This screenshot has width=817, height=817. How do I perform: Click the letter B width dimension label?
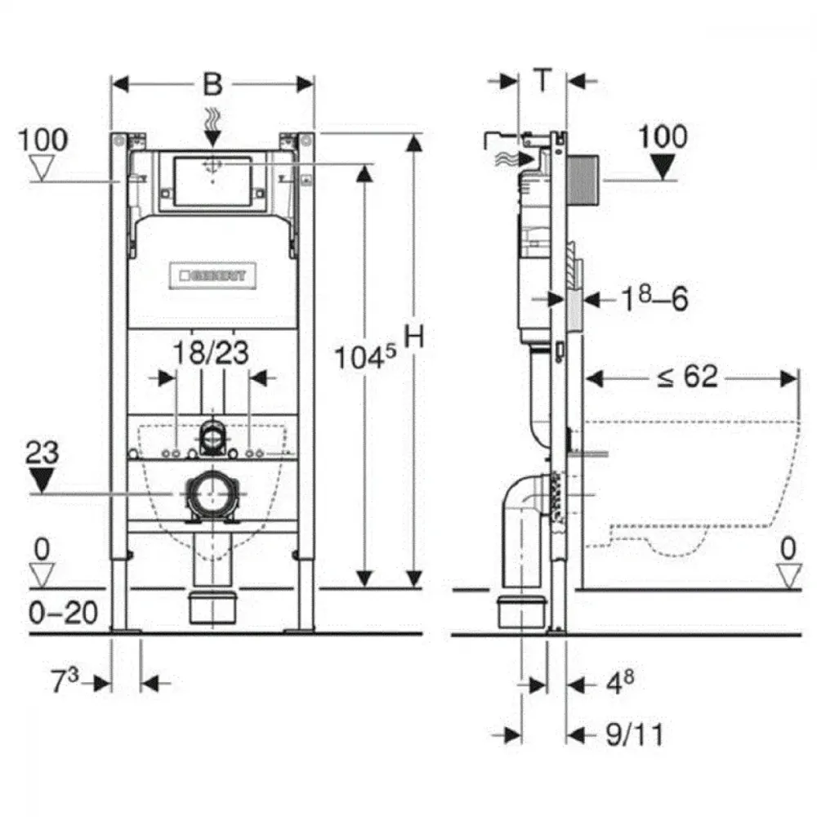(x=212, y=84)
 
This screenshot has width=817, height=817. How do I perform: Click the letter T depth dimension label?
(x=542, y=80)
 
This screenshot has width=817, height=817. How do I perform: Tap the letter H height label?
(x=414, y=337)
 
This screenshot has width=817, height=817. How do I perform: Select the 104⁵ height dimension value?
(x=364, y=357)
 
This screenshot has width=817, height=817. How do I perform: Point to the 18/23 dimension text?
(x=211, y=353)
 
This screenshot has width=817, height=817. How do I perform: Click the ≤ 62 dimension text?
(x=687, y=376)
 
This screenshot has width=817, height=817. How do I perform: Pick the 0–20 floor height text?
(x=63, y=613)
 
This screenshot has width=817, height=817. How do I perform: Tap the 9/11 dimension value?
(x=635, y=734)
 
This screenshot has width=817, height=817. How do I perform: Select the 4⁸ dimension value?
(x=620, y=681)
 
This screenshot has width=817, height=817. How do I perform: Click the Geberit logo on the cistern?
(x=212, y=275)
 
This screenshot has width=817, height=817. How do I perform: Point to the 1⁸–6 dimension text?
(x=654, y=298)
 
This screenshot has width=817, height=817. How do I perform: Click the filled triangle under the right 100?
(x=663, y=167)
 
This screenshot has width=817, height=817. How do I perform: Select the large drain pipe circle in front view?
(x=212, y=493)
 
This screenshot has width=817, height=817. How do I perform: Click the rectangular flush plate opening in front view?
(x=212, y=181)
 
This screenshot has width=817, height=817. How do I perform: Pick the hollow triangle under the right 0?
(x=789, y=577)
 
